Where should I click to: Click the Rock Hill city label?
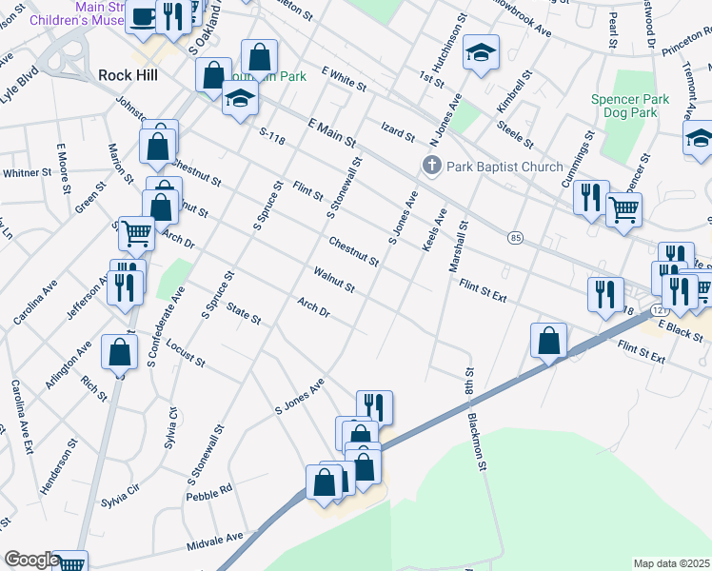128,74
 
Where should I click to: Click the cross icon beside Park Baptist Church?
431,167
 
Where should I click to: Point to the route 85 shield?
515,236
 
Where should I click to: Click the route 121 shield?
659,311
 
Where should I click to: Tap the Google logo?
30,560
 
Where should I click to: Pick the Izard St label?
398,132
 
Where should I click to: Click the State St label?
244,314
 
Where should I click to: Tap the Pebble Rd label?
209,492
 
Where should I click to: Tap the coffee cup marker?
143,16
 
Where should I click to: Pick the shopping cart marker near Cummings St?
623,208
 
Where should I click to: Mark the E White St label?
344,79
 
